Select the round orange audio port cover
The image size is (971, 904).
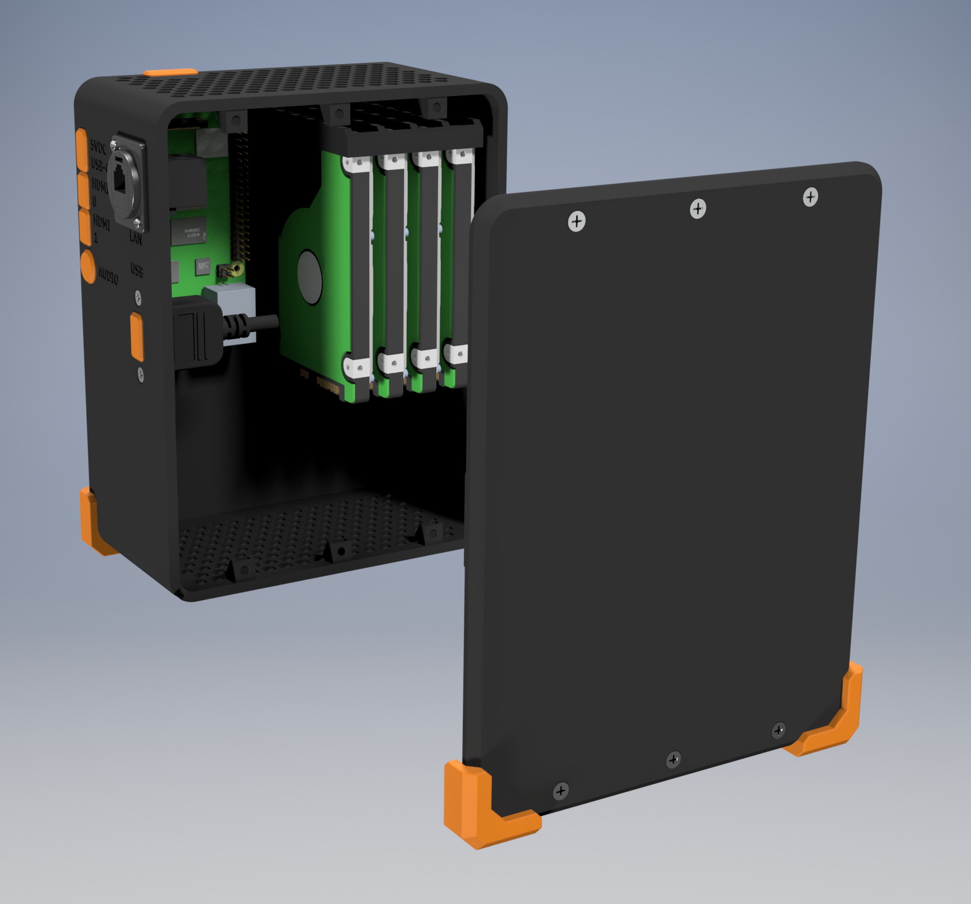tap(88, 266)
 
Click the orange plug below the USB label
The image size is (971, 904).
tap(137, 335)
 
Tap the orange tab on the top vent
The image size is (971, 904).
tap(170, 72)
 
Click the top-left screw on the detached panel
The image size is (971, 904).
tap(576, 221)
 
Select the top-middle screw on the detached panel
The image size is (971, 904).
tap(698, 208)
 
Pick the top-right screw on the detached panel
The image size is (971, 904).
tap(810, 197)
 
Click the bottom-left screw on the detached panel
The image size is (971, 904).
tap(561, 791)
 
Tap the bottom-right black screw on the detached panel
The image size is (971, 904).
tap(779, 730)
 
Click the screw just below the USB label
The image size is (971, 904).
tap(138, 297)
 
